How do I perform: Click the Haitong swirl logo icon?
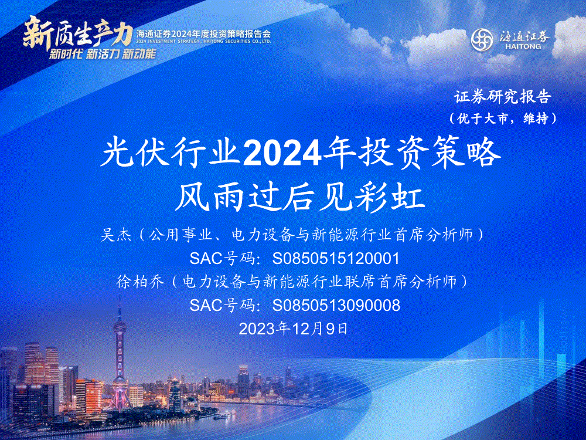pyautogui.click(x=482, y=40)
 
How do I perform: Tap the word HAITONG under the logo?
pyautogui.click(x=523, y=47)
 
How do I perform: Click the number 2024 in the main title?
pyautogui.click(x=282, y=154)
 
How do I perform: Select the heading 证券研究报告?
pyautogui.click(x=503, y=97)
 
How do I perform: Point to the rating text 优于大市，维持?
pyautogui.click(x=503, y=119)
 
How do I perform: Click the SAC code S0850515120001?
pyautogui.click(x=336, y=259)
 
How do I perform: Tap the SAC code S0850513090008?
pyautogui.click(x=336, y=305)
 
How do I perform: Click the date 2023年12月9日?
pyautogui.click(x=294, y=329)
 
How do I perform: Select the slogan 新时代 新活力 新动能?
pyautogui.click(x=103, y=54)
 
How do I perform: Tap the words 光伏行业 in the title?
pyautogui.click(x=170, y=154)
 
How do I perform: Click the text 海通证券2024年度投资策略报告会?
pyautogui.click(x=203, y=34)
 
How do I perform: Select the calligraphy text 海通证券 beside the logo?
pyautogui.click(x=524, y=36)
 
